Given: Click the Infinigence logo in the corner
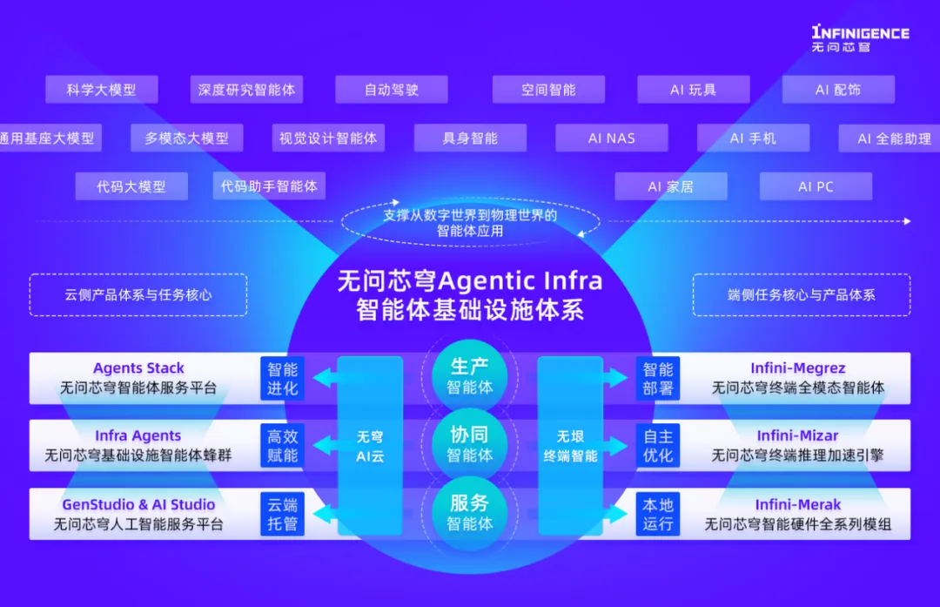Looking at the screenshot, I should click(859, 37).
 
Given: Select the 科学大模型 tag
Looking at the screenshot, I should click(101, 90).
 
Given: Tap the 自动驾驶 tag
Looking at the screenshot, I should click(391, 90).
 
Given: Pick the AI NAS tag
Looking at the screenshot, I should click(612, 138).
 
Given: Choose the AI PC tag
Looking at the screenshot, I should click(816, 186).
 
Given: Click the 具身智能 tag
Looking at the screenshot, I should click(470, 138).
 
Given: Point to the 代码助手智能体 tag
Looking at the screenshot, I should click(269, 186).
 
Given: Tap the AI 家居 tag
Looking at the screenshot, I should click(670, 186).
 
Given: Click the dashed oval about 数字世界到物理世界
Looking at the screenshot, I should click(470, 223).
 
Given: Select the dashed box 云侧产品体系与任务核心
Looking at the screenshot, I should click(138, 295).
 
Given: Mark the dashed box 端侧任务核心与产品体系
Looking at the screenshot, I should click(802, 295).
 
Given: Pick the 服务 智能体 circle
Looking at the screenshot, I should click(470, 512).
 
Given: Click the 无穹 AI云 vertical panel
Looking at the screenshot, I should click(370, 445).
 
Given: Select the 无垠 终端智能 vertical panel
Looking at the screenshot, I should click(570, 445).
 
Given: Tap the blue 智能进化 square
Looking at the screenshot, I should click(283, 378).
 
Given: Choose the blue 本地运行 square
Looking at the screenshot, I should click(658, 514).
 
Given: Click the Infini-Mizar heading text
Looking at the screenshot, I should click(797, 435).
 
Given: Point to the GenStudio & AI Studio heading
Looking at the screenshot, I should click(138, 504).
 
